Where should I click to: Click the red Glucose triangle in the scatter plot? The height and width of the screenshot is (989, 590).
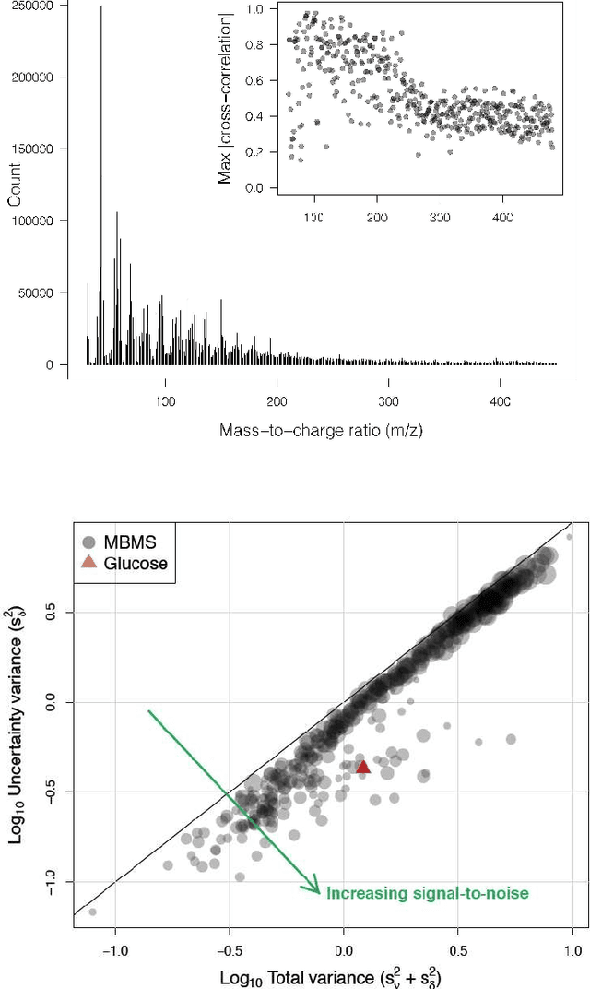pyautogui.click(x=363, y=767)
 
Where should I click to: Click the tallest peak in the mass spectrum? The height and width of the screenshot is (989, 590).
pyautogui.click(x=100, y=7)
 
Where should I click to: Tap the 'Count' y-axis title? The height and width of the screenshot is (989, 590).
pyautogui.click(x=15, y=185)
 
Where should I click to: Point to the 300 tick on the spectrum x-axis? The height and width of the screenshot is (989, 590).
pyautogui.click(x=388, y=402)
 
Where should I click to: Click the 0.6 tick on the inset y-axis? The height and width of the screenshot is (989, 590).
pyautogui.click(x=253, y=80)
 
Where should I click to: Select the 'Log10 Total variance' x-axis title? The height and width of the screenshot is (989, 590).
pyautogui.click(x=336, y=976)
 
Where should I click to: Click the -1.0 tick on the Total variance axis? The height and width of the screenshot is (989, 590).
pyautogui.click(x=115, y=947)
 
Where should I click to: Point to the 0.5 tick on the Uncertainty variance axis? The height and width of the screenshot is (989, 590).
pyautogui.click(x=63, y=613)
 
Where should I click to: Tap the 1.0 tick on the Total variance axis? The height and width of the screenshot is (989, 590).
pyautogui.click(x=572, y=947)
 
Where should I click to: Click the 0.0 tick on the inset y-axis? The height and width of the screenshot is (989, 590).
pyautogui.click(x=253, y=188)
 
